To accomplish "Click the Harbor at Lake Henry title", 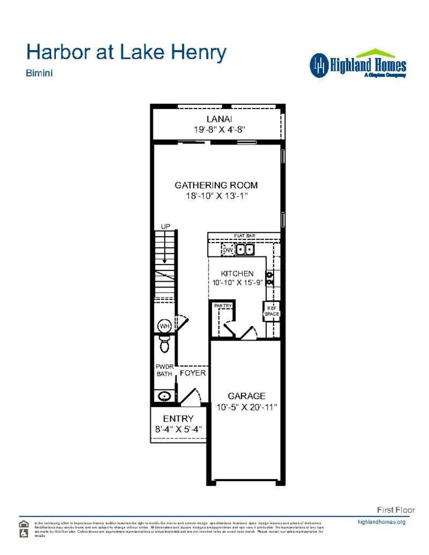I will (126, 53).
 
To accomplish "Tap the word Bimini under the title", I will (39, 73).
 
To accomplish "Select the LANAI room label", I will (219, 119).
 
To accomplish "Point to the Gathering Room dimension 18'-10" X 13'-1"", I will (217, 196).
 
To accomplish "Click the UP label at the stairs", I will (166, 227).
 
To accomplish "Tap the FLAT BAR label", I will (245, 236).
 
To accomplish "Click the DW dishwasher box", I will (228, 250).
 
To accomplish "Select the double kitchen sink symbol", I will (245, 250).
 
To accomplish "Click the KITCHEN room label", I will (237, 273).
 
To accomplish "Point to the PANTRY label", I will (223, 306).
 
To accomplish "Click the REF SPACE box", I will (271, 311).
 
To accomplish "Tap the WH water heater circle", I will (165, 326).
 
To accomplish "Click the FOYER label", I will (193, 373).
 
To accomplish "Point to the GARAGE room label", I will (246, 396).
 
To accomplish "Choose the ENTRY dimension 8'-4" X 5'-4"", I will (178, 429).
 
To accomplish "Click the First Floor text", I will (396, 510).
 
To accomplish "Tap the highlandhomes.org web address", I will (381, 522).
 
